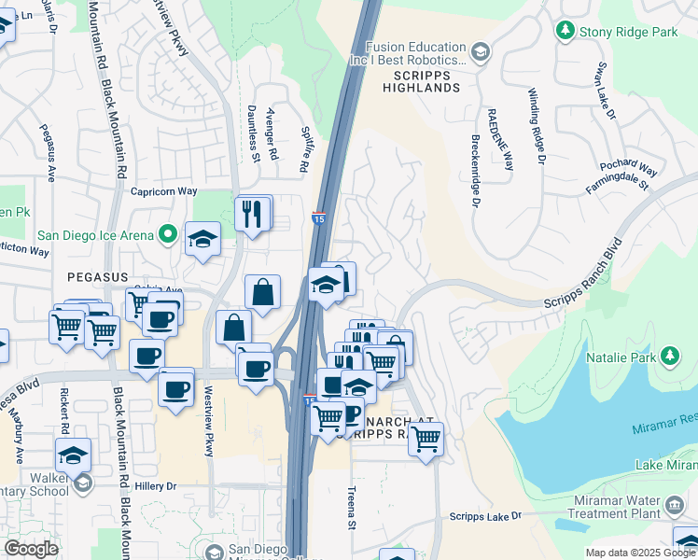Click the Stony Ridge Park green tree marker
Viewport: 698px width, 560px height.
tap(565, 31)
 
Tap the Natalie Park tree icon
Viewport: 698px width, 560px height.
tap(669, 356)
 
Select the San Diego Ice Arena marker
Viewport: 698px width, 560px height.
tap(168, 234)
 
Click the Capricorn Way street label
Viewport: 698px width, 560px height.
tap(162, 190)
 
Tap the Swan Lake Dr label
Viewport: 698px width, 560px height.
tap(607, 91)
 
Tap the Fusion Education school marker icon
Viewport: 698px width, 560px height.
tap(480, 51)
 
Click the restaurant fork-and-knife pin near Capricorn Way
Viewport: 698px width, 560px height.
tap(252, 215)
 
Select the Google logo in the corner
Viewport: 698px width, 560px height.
tap(32, 549)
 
